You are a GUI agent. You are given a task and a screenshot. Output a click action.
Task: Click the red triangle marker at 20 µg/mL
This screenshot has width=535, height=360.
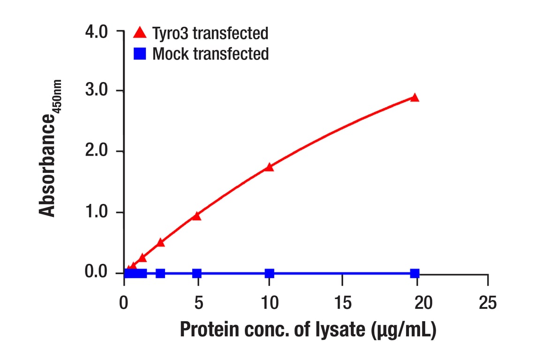pyautogui.click(x=414, y=97)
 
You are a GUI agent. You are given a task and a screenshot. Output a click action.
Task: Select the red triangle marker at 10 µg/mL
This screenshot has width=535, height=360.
pyautogui.click(x=269, y=167)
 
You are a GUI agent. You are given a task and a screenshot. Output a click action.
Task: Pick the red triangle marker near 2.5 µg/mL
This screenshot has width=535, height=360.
pyautogui.click(x=160, y=242)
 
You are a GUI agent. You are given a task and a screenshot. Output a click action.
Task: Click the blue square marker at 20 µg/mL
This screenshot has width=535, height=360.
pyautogui.click(x=414, y=273)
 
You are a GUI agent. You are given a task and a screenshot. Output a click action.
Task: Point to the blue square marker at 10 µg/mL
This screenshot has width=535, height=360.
pyautogui.click(x=269, y=273)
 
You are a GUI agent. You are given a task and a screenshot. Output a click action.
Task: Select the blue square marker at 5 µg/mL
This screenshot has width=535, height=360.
pyautogui.click(x=197, y=273)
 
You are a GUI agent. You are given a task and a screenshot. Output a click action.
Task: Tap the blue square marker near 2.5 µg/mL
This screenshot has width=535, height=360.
pyautogui.click(x=160, y=273)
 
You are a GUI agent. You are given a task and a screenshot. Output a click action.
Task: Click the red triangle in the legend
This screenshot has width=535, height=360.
pyautogui.click(x=140, y=32)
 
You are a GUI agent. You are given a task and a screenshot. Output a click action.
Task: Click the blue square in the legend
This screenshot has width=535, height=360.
pyautogui.click(x=140, y=54)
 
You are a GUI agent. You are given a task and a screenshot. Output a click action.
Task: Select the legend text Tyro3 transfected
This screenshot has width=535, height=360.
pyautogui.click(x=211, y=33)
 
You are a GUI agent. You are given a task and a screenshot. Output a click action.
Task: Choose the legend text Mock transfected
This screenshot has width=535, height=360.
pyautogui.click(x=211, y=54)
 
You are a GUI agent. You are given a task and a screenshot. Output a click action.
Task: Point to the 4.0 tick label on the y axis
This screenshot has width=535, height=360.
pyautogui.click(x=97, y=32)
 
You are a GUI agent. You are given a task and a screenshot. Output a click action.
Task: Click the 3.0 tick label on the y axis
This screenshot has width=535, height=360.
pyautogui.click(x=97, y=90)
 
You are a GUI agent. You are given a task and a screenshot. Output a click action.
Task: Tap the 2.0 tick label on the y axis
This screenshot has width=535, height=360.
pyautogui.click(x=97, y=151)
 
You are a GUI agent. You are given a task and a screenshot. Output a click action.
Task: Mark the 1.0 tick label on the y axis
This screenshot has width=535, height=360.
pyautogui.click(x=97, y=212)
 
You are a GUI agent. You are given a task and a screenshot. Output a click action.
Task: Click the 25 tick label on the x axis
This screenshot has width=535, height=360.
pyautogui.click(x=488, y=303)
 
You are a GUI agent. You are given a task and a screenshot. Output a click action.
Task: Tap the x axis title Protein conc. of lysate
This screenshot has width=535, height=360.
pyautogui.click(x=308, y=330)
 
